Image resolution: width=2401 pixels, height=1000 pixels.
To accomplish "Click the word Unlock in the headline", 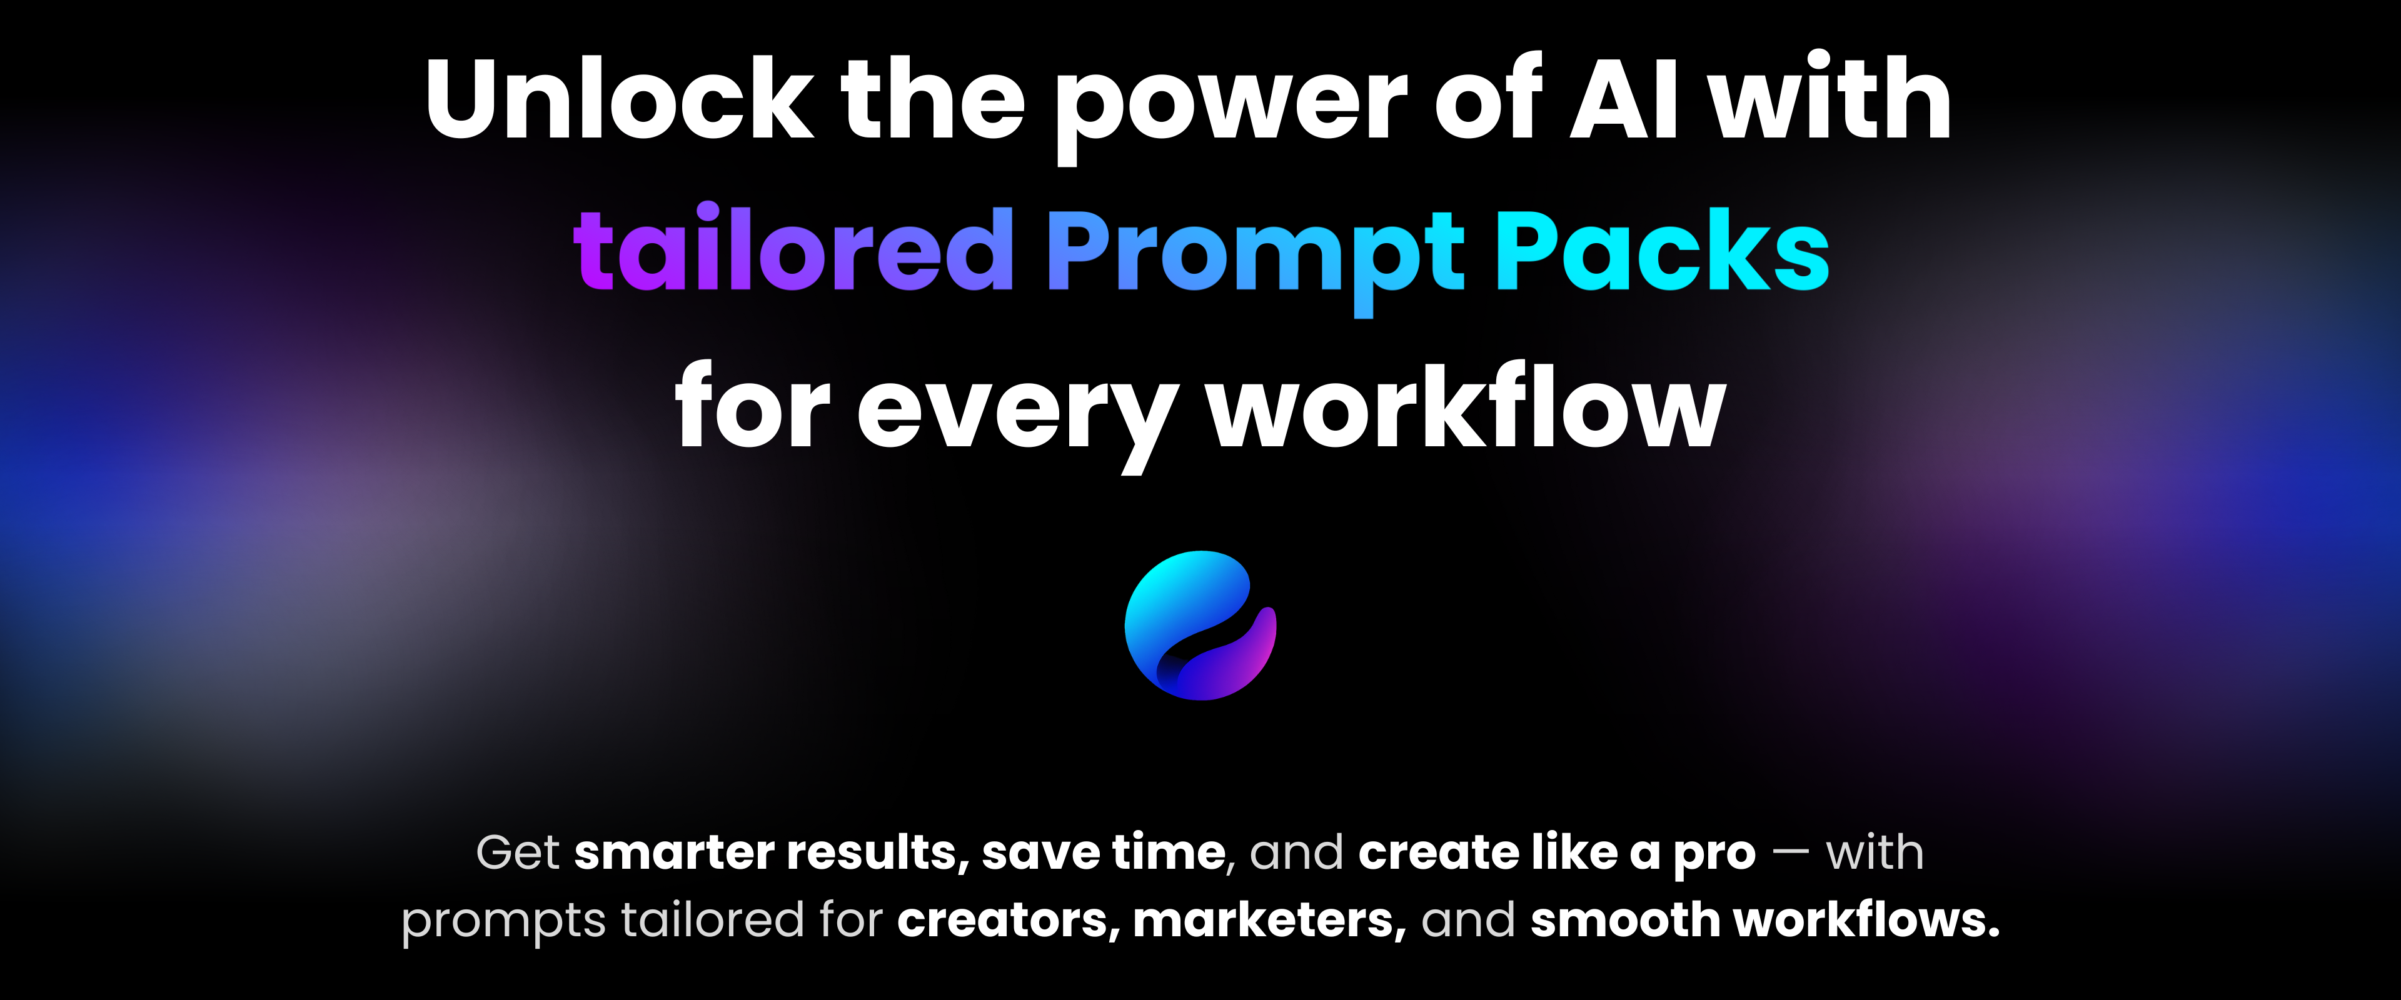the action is pyautogui.click(x=620, y=98).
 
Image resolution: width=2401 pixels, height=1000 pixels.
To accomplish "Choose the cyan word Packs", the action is pyautogui.click(x=1663, y=250).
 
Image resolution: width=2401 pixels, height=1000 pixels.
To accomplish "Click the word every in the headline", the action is pyautogui.click(x=1018, y=415).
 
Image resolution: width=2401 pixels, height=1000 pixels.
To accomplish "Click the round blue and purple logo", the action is pyautogui.click(x=1200, y=626).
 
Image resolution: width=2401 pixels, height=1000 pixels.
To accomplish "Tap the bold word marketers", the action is pyautogui.click(x=1269, y=921).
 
